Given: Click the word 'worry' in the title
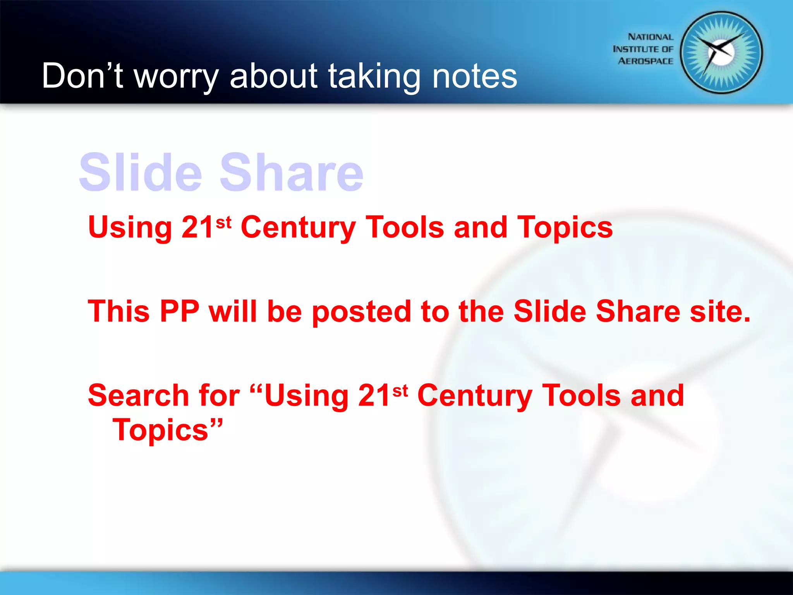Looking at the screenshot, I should point(176,76).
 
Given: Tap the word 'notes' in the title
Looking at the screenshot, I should point(474,76).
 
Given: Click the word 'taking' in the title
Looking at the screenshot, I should point(374,76).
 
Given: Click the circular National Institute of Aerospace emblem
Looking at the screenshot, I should point(721,53).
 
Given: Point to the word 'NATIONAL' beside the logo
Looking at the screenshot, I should point(651,37).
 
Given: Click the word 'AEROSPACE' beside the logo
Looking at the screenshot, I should point(645,61).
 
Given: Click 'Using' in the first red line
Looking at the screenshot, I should point(130,227).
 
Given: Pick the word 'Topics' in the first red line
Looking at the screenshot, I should point(565,227).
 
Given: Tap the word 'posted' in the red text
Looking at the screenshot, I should point(361,312).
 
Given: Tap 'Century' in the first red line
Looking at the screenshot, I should point(298,227).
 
